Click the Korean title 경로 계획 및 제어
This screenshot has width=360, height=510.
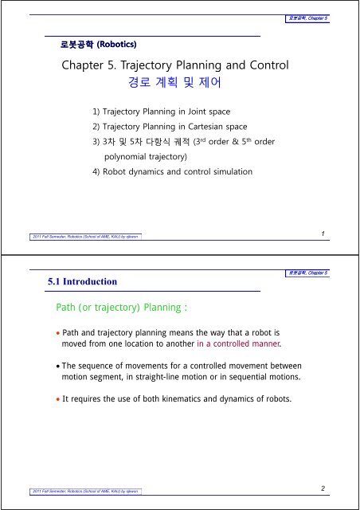(179, 82)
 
